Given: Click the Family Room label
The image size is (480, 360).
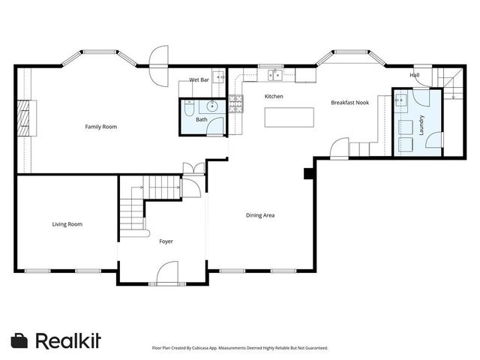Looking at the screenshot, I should click(x=100, y=127).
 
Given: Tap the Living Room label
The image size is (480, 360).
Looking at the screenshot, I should click(x=67, y=224).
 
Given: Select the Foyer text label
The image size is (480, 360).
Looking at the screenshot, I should click(x=166, y=241).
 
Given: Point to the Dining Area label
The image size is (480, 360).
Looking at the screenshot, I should click(x=260, y=216).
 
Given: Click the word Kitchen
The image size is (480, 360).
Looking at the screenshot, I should click(x=273, y=97).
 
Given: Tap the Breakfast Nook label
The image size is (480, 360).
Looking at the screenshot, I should click(x=349, y=102).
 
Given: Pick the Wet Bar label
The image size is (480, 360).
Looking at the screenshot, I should click(x=199, y=79).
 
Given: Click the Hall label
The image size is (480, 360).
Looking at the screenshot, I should click(x=414, y=76).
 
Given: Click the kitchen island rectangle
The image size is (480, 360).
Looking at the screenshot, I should click(x=289, y=118).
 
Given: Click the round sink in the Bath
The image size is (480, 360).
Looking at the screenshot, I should click(x=213, y=106).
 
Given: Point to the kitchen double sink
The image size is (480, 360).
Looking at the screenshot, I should click(x=274, y=74).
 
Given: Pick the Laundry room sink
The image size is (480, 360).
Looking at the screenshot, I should click(x=401, y=98).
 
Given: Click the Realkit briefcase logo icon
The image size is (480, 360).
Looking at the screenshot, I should click(x=20, y=340).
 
